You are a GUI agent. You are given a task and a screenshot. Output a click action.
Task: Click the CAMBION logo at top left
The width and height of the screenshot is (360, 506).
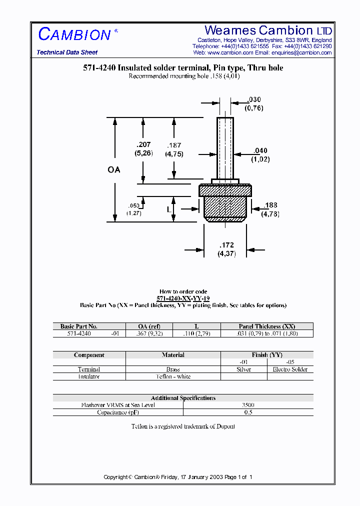(x=75, y=34)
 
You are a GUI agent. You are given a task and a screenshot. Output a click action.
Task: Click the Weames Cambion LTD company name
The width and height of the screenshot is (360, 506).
(x=268, y=30)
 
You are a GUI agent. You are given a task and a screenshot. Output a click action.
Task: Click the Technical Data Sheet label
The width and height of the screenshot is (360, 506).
(x=67, y=52)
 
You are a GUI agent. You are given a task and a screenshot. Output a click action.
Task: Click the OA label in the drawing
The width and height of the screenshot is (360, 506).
(x=114, y=170)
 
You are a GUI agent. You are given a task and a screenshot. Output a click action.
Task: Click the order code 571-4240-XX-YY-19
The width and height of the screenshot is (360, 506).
(x=183, y=298)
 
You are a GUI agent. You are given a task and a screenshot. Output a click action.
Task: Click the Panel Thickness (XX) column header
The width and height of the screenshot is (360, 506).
(x=267, y=326)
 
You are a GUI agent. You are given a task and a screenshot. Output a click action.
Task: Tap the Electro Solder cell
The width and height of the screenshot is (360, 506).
(x=290, y=369)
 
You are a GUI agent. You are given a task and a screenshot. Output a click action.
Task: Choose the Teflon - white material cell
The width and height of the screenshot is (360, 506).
(x=173, y=376)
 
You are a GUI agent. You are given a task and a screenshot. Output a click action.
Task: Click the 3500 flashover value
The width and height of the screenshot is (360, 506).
(x=248, y=405)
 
